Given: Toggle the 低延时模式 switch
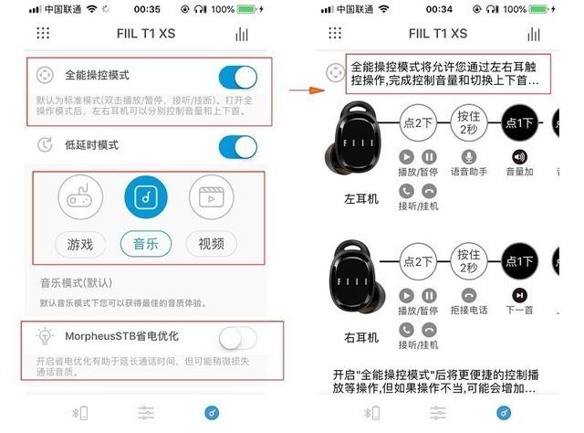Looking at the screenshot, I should point(238,146).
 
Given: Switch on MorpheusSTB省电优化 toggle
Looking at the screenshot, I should point(238,339).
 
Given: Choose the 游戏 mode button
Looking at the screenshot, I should point(79,244).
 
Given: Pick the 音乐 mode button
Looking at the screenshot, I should point(145,244).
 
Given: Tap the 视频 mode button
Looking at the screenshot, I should point(211,244).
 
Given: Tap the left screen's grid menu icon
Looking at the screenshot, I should point(44,34).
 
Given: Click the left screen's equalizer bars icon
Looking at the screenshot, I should point(242,34).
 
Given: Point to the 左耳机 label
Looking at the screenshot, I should point(361,198).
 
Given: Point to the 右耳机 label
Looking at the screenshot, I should point(361,336).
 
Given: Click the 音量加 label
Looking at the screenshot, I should point(519,173).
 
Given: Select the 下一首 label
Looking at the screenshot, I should point(519,311).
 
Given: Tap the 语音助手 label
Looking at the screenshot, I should point(469,173).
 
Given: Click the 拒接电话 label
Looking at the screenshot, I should point(469,311).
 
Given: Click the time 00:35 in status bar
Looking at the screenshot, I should point(146,9).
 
